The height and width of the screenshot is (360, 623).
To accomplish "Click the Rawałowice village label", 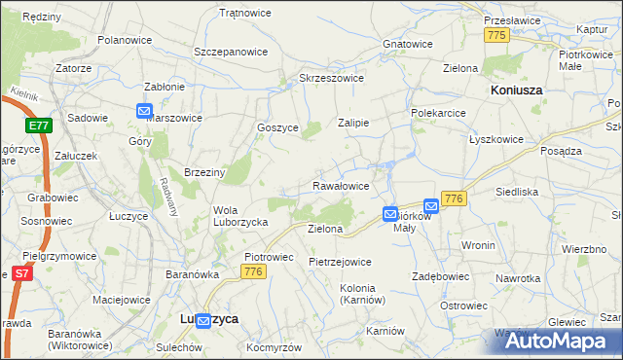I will point(340,185).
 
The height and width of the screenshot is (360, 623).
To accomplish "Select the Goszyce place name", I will point(276,127).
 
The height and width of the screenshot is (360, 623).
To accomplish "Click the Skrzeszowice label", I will point(331,78).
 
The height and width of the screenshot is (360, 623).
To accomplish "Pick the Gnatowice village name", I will point(407,44).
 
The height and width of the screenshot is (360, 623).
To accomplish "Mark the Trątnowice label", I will point(245,13).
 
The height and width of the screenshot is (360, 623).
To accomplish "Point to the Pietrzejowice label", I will point(340,262).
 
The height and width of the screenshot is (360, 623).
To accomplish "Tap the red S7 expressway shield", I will point(20,273).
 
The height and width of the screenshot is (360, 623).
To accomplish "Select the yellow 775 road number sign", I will point(497,35).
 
